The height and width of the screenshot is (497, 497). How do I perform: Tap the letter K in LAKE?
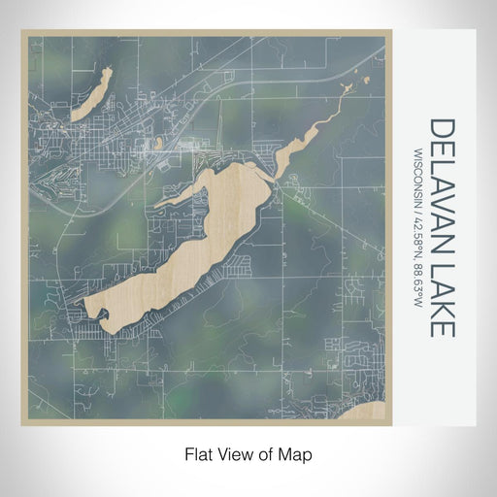tap(441, 307)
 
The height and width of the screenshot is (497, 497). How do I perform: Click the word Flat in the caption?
tap(197, 453)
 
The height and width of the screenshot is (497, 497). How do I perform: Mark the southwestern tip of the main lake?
tap(93, 312)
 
